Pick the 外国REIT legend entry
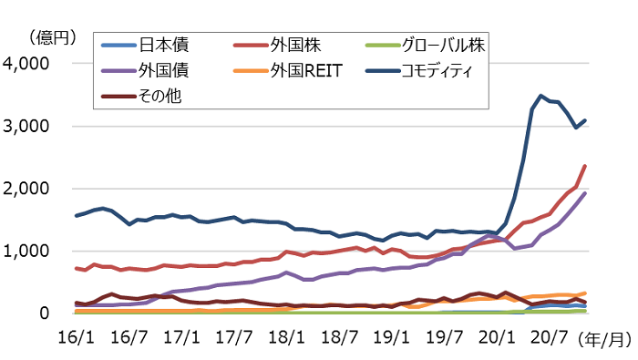pos(305,69)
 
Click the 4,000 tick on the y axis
pos(30,65)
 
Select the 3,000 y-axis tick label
pos(30,127)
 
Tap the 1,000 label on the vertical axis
pos(30,252)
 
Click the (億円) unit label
pos(49,36)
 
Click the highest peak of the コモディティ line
pos(541,95)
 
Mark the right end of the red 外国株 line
pos(584,166)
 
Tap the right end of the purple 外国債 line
pos(584,193)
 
